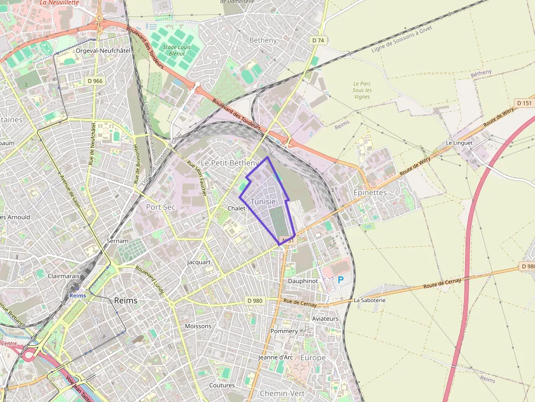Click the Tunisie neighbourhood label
(263, 202)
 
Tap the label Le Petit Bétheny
(229, 163)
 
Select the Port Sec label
(160, 207)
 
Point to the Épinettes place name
(370, 193)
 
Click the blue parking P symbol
(341, 280)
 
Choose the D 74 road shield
(318, 40)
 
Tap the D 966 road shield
(95, 81)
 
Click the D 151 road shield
(523, 103)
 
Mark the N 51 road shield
(288, 241)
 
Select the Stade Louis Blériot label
(177, 51)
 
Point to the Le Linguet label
(459, 143)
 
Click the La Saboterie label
(370, 300)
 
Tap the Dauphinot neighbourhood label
(302, 280)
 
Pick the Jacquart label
(199, 262)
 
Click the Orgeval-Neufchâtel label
(103, 50)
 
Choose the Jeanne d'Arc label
(276, 357)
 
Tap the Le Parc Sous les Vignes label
(361, 90)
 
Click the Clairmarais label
(63, 276)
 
